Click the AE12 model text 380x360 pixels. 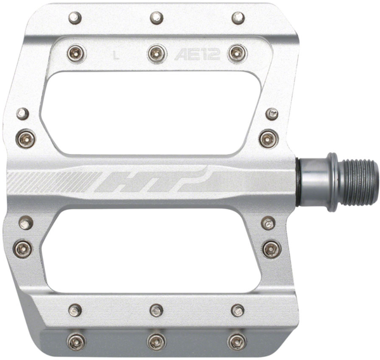195,54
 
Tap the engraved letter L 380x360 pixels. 115,55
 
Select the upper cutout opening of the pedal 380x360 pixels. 152,112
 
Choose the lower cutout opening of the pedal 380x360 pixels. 152,251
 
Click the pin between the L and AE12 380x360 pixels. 156,53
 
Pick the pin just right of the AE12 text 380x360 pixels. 236,53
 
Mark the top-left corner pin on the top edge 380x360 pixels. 75,16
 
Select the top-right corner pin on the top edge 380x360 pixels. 238,17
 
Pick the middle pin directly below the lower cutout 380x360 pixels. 156,310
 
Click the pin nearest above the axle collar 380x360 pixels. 269,136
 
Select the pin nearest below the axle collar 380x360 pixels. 269,222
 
